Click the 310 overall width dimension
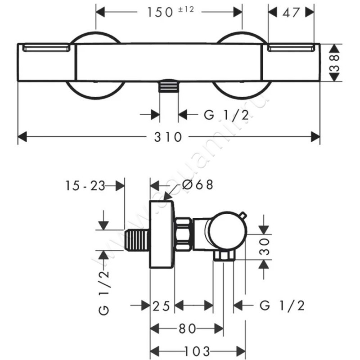(x=169, y=136)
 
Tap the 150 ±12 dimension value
(x=170, y=12)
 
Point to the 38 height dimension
(x=334, y=63)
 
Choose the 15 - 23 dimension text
(x=84, y=185)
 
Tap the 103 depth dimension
(x=198, y=351)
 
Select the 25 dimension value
(x=161, y=306)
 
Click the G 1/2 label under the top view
(x=226, y=115)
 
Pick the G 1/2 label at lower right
(x=282, y=306)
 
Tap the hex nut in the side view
(x=183, y=234)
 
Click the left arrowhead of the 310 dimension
(x=22, y=136)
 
